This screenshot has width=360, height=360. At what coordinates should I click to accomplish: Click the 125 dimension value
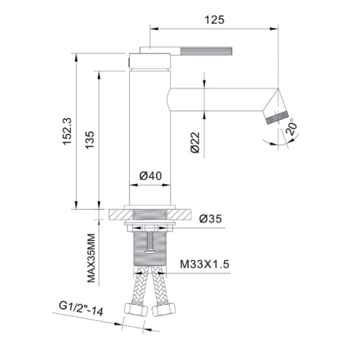[x=214, y=20]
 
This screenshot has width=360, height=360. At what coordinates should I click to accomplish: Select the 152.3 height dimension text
[x=68, y=131]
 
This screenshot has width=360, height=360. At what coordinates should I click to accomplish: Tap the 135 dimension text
[x=90, y=140]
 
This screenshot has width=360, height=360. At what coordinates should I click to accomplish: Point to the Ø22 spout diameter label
[x=195, y=143]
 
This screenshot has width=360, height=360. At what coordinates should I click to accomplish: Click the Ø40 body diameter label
[x=151, y=176]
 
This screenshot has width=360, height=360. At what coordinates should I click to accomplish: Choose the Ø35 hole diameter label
[x=211, y=218]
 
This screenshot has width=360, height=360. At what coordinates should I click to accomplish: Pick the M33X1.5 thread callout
[x=204, y=264]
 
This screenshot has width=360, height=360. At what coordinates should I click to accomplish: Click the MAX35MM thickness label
[x=91, y=258]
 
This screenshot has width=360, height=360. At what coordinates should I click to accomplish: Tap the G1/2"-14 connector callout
[x=81, y=309]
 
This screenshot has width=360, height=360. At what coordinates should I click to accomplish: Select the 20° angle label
[x=291, y=127]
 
